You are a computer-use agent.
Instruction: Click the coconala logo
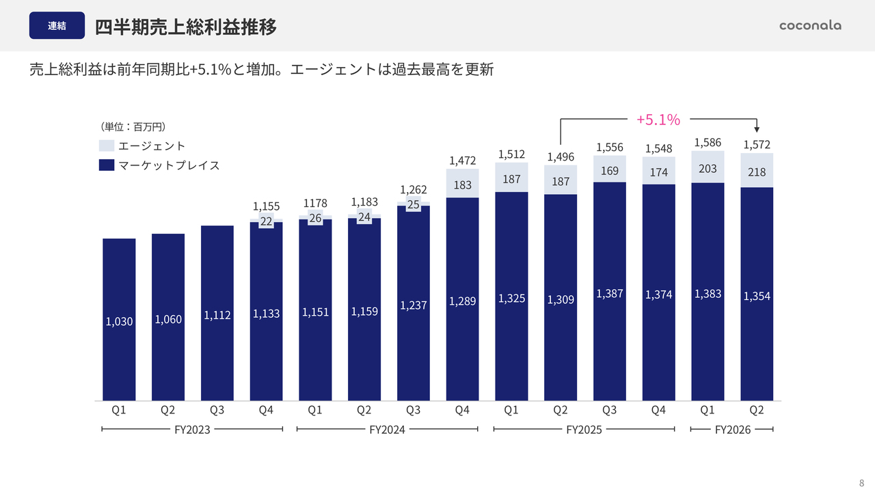point(810,25)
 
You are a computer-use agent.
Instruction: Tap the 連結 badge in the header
point(57,26)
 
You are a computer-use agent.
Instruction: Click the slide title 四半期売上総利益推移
point(186,27)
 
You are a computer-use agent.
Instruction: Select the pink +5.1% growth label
point(658,120)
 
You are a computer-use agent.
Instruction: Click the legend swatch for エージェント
point(106,146)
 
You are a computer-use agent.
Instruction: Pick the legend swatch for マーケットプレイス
point(106,165)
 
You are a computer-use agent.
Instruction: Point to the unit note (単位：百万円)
point(134,126)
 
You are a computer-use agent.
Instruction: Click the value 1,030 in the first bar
point(119,321)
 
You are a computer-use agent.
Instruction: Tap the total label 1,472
point(462,161)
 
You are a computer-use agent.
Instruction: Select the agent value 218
point(757,172)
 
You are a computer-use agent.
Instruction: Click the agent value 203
point(708,168)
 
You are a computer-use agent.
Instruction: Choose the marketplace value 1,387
point(610,293)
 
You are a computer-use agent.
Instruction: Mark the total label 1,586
point(708,142)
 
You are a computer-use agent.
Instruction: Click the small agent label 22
point(267,221)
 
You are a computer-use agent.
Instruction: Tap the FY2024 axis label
point(387,430)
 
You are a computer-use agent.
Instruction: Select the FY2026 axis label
point(732,430)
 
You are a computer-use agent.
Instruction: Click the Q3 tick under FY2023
point(217,410)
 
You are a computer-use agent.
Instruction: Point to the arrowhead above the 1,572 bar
point(757,130)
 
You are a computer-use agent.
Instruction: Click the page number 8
point(861,482)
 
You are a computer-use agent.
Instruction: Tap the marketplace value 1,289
point(462,301)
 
